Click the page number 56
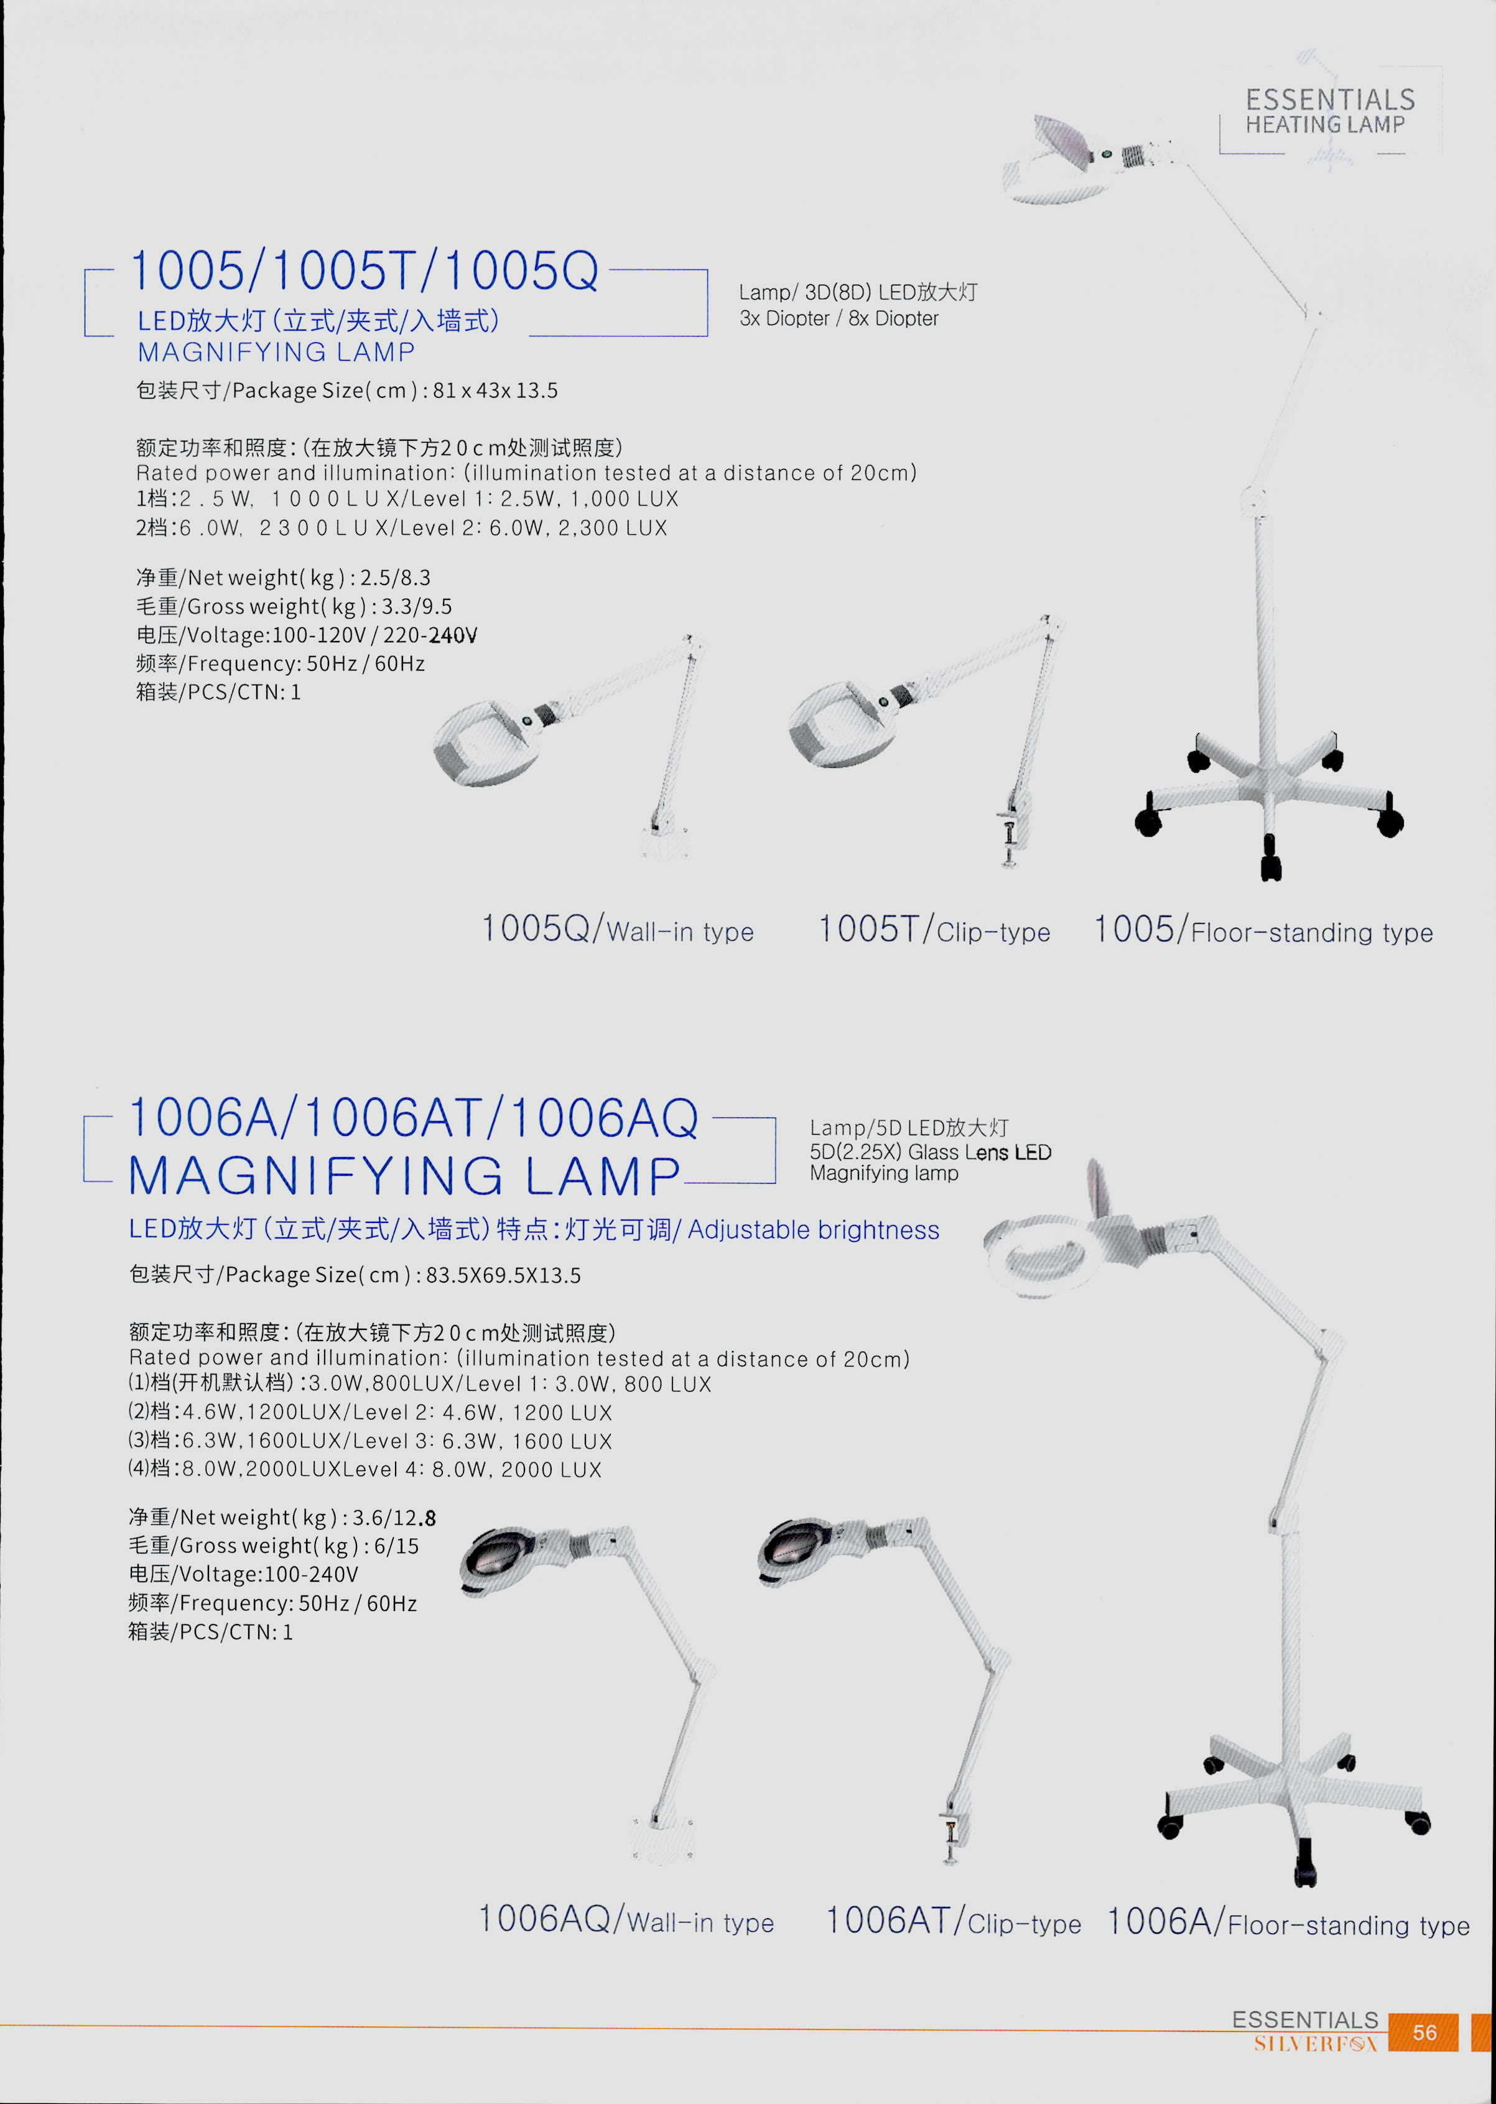click(1424, 2032)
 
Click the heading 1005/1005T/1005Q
click(365, 270)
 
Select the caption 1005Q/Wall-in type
click(617, 929)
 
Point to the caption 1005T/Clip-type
click(934, 929)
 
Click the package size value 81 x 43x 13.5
click(495, 390)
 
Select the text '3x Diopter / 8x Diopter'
click(839, 318)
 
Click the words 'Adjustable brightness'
click(814, 1230)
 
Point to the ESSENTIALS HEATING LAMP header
click(1329, 111)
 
